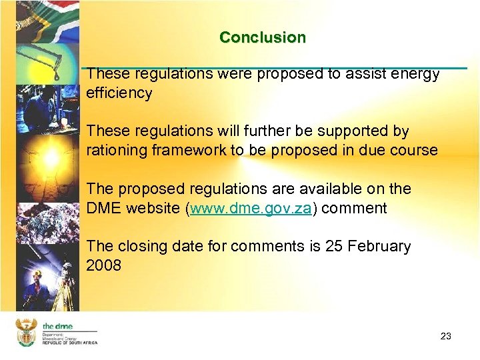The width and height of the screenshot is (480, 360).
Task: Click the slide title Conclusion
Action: coord(263,37)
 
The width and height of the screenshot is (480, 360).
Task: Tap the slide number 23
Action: coord(446,336)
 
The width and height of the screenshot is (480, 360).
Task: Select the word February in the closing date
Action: coord(377,246)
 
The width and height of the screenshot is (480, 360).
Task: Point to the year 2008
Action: coord(104,265)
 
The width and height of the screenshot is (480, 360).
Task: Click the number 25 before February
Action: coord(333,246)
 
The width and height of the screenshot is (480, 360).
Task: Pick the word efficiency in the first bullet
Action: coord(119,93)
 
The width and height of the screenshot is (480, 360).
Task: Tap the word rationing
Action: coord(114,150)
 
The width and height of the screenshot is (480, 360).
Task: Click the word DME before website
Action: coord(104,208)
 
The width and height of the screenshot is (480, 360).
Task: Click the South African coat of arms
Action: coord(26,332)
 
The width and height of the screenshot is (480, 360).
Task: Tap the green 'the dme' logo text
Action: coord(57,326)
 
